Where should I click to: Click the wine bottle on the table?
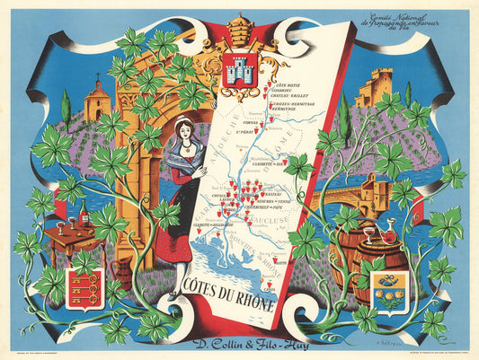[84, 212]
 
